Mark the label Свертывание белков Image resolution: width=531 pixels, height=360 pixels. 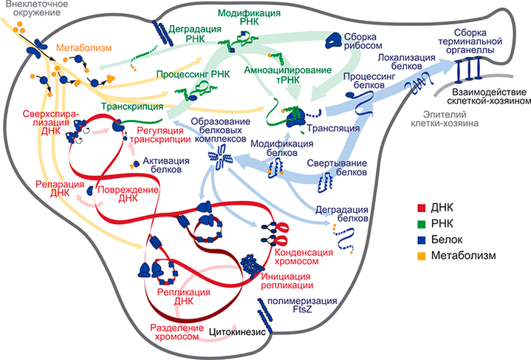(339, 167)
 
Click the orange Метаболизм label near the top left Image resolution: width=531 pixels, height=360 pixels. (81, 46)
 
